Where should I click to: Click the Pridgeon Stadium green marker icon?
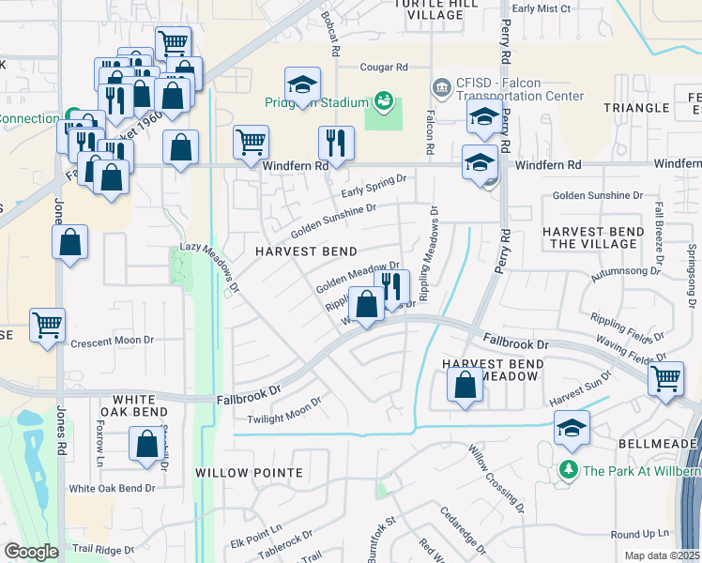click(x=382, y=99)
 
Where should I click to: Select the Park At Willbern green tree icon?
click(x=568, y=469)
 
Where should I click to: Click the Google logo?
click(x=30, y=552)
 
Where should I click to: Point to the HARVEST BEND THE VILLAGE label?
click(x=593, y=237)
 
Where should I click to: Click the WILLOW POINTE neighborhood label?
click(x=249, y=472)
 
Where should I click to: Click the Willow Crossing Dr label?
click(x=497, y=479)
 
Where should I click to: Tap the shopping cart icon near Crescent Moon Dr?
click(x=47, y=326)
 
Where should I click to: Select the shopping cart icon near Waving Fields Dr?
click(x=665, y=378)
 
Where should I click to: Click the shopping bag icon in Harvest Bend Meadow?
click(x=465, y=384)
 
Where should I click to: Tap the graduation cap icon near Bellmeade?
click(x=572, y=427)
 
